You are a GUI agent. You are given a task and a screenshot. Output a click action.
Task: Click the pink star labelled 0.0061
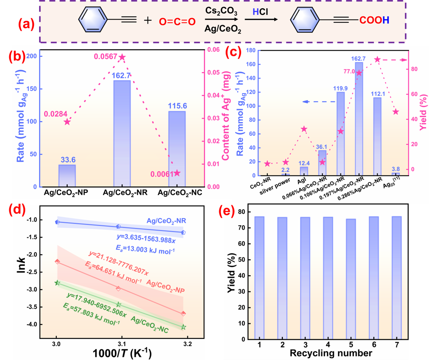click(x=177, y=173)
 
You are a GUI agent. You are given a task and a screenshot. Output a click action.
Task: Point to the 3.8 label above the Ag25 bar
click(x=396, y=169)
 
